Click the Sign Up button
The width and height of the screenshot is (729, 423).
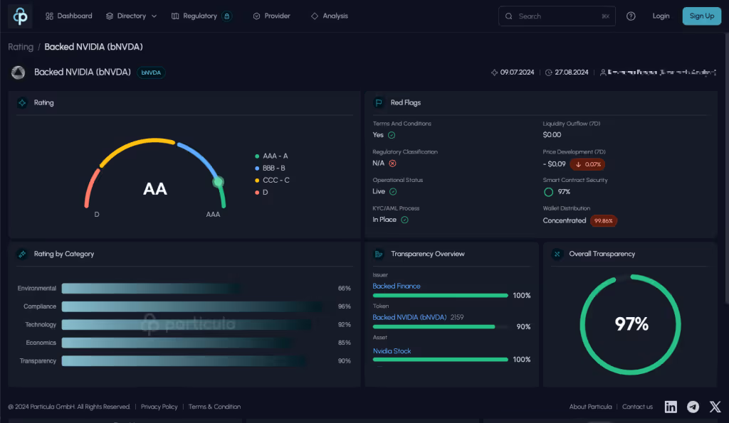pos(701,16)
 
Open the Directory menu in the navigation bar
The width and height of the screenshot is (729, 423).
pos(131,16)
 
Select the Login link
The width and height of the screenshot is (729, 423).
pos(661,16)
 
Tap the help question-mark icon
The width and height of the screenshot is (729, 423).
pos(631,16)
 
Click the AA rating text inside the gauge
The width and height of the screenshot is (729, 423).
pos(155,189)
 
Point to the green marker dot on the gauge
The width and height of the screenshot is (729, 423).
pos(219,182)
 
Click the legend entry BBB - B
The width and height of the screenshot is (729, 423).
pos(273,168)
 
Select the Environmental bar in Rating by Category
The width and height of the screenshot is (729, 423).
pos(150,289)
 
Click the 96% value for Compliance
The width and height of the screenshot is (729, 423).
pos(345,306)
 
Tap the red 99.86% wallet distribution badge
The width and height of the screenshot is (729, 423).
pos(604,220)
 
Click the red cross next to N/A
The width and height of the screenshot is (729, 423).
pos(392,163)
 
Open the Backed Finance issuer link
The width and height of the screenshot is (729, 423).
pos(397,286)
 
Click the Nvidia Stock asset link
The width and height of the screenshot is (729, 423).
pos(392,351)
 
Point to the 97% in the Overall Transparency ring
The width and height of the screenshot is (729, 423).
pos(631,324)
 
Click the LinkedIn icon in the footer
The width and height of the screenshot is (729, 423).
pos(671,407)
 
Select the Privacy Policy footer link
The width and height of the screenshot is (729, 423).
pos(159,407)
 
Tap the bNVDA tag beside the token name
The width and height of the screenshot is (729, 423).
pos(151,73)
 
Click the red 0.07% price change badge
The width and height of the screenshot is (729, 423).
pos(588,164)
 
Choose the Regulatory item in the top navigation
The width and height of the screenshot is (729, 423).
pos(199,16)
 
